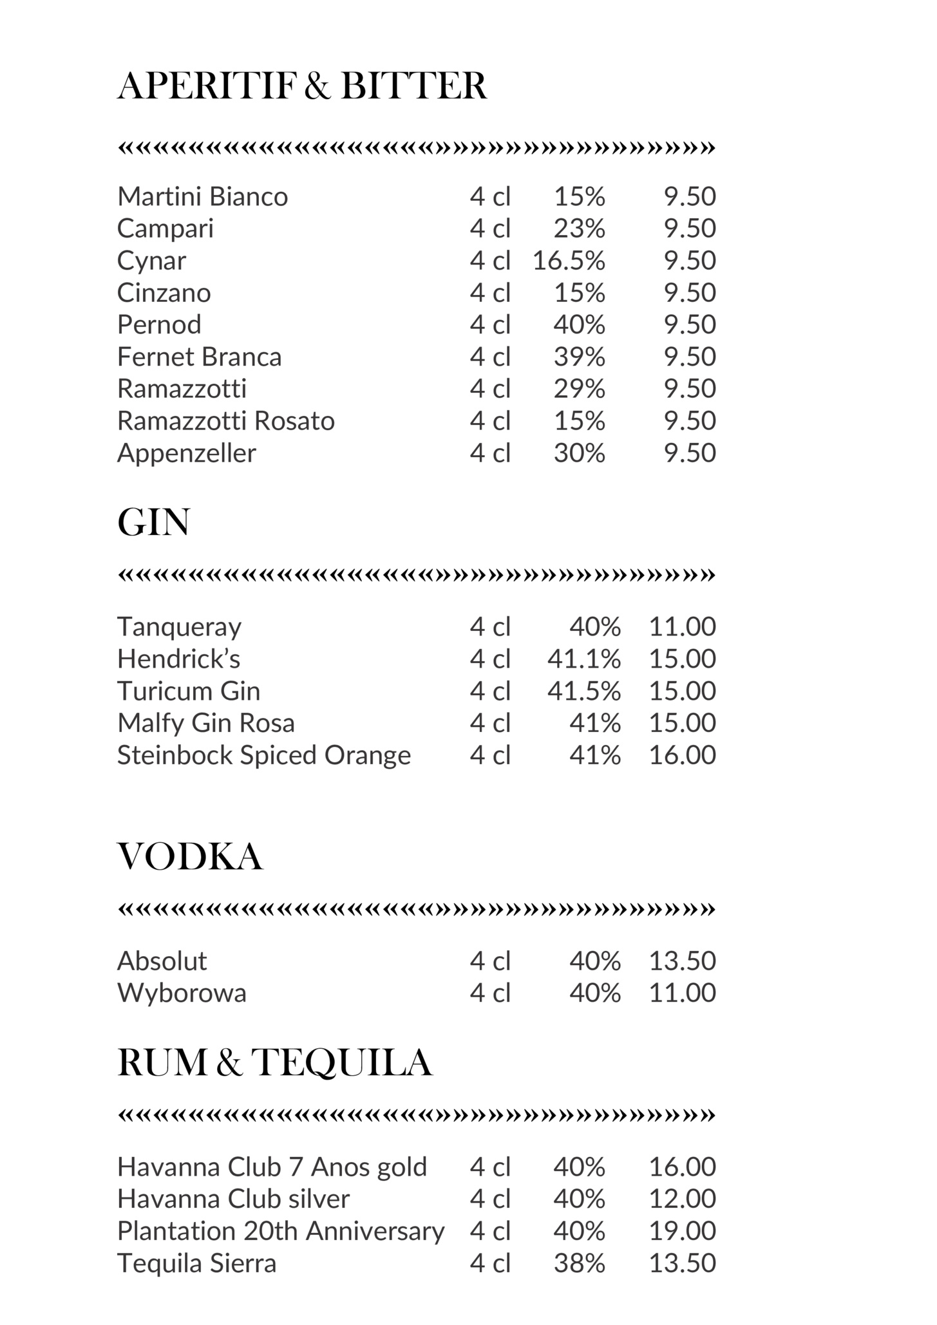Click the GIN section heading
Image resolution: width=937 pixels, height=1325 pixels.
click(153, 522)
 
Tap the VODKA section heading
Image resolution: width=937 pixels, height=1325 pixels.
click(190, 857)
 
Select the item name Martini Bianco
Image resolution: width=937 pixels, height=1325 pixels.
click(202, 196)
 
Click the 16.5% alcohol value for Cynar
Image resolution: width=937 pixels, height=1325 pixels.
click(569, 261)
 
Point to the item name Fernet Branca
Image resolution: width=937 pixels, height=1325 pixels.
click(199, 357)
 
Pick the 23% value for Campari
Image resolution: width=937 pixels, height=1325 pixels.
click(579, 229)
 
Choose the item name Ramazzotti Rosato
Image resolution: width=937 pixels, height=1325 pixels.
click(225, 421)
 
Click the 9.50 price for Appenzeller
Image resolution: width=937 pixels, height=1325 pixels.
click(690, 453)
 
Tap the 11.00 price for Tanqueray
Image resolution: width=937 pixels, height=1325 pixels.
click(682, 626)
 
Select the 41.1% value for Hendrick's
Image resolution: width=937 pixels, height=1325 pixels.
click(584, 659)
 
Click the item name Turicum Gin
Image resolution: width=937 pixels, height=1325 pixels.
click(189, 691)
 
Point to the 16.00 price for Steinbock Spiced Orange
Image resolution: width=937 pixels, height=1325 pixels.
click(682, 755)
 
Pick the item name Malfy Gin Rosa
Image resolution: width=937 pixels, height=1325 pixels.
click(205, 723)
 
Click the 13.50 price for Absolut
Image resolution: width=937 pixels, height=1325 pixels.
click(682, 961)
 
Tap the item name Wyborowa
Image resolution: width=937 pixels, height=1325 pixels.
click(182, 993)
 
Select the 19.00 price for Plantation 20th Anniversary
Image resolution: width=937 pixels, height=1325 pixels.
click(682, 1231)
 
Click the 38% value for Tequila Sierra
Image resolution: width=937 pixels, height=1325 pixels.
click(579, 1263)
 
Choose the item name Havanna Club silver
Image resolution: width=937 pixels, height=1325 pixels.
click(233, 1199)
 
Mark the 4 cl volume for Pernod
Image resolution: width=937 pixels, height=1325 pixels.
click(490, 324)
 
